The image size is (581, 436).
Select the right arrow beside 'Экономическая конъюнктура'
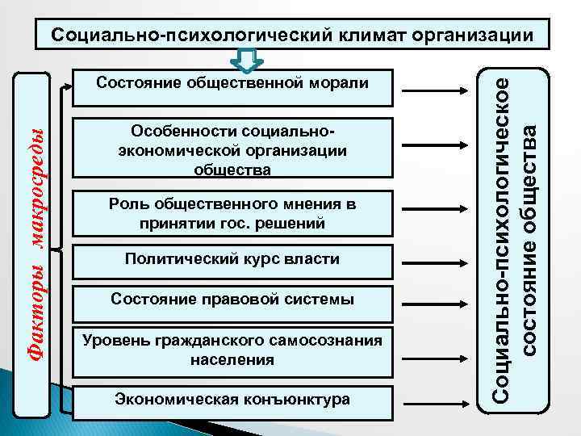[436, 401]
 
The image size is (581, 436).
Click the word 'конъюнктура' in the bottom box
[302, 400]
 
